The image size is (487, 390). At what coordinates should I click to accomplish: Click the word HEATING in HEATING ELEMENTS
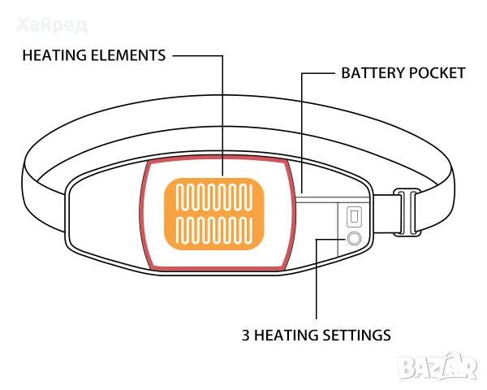54,56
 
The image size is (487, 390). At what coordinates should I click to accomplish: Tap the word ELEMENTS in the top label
128,56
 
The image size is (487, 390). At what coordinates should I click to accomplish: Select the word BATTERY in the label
373,73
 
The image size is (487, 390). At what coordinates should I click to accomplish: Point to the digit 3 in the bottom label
246,336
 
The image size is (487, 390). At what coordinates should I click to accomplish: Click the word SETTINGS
356,336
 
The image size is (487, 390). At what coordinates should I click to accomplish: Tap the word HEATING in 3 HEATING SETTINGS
286,336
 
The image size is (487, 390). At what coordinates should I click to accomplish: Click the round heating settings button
354,239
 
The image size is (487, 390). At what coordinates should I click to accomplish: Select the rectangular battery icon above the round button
354,216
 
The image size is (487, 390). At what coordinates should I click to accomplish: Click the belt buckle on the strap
407,212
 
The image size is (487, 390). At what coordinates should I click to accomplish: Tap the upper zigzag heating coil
214,197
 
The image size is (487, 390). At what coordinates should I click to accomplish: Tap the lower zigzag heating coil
214,231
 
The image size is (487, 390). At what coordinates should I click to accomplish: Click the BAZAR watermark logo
438,367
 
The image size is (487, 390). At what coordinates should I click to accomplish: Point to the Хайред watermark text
52,25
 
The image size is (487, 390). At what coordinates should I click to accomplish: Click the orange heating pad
214,214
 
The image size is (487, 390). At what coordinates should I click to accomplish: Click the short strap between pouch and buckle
384,214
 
